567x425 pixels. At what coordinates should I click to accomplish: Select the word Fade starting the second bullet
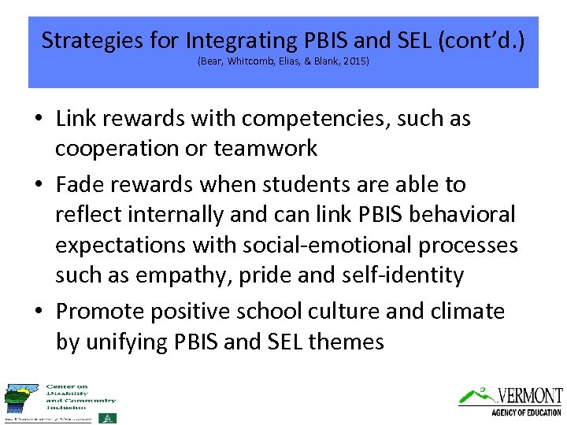click(78, 185)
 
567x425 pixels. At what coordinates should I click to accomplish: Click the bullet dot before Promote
click(38, 312)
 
